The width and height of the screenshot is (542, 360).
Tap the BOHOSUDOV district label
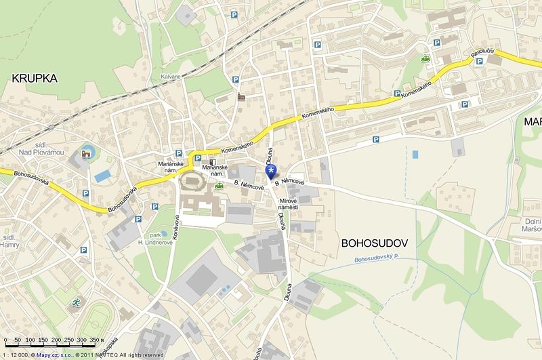[x=373, y=241]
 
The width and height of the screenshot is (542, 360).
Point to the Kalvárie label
[x=171, y=77]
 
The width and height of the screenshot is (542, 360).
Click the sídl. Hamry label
[x=10, y=243]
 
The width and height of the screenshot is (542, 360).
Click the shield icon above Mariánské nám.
[x=213, y=163]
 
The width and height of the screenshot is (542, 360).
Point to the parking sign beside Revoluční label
[x=480, y=62]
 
